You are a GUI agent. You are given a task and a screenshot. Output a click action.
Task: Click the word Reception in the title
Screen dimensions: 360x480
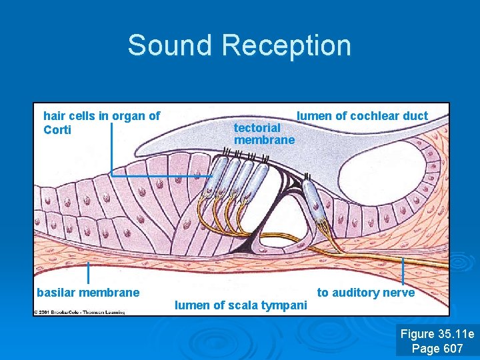tap(287, 45)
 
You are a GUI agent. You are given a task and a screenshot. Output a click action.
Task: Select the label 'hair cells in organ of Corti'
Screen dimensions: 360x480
tap(101, 123)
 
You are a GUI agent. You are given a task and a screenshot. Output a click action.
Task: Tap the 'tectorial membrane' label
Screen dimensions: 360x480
tap(264, 133)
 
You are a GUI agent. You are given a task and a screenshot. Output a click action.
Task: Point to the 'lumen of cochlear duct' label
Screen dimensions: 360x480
tap(362, 116)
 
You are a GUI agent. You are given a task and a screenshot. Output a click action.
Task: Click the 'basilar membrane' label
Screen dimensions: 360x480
tap(88, 292)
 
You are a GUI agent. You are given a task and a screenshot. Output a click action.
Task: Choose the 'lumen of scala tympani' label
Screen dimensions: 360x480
tap(241, 305)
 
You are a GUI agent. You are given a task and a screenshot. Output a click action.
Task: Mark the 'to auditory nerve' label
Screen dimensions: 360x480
tap(365, 293)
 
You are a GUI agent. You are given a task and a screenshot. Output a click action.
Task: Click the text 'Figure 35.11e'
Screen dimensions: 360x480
tap(437, 334)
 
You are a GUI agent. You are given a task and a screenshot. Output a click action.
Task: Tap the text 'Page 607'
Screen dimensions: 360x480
tap(437, 348)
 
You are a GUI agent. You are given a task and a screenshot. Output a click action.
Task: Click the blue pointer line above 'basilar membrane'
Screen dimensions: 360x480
tap(89, 273)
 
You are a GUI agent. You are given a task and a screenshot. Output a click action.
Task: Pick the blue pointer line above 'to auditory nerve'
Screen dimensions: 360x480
tap(403, 271)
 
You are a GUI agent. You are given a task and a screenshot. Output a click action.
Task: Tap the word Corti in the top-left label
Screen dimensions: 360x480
tap(57, 129)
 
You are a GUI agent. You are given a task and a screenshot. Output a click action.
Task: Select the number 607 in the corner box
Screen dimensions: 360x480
tap(451, 348)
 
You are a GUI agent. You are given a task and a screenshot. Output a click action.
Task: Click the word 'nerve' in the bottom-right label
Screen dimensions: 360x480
tap(399, 293)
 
